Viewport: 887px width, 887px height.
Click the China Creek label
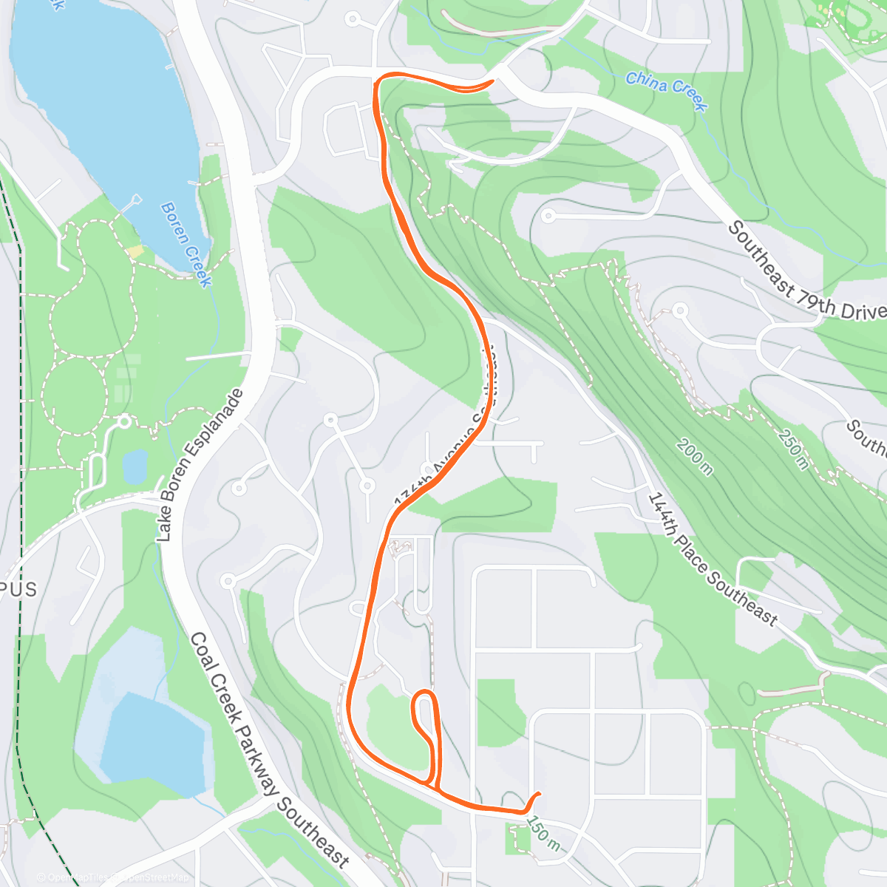pyautogui.click(x=667, y=89)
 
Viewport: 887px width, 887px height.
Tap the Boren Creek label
pyautogui.click(x=186, y=245)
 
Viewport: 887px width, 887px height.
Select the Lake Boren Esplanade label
pyautogui.click(x=200, y=465)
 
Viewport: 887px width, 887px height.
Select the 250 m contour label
pyautogui.click(x=792, y=448)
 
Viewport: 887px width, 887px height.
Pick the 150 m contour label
pyautogui.click(x=543, y=832)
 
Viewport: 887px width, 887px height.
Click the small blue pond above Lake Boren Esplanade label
pyautogui.click(x=135, y=466)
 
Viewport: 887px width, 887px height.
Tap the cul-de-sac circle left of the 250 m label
pyautogui.click(x=680, y=310)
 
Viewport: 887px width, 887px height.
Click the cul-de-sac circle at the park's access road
pyautogui.click(x=124, y=421)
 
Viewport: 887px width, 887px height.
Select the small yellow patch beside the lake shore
pyautogui.click(x=135, y=252)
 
